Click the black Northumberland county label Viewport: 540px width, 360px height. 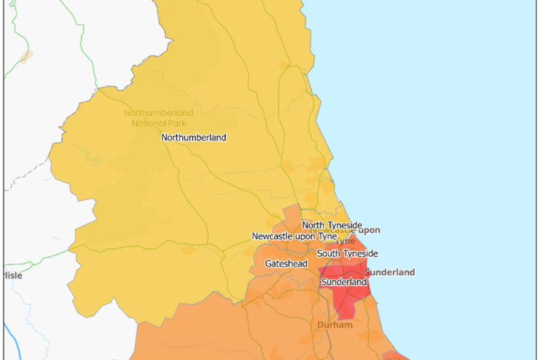coord(194,138)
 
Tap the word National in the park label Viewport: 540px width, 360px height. coord(147,123)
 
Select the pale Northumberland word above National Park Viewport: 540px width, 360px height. coord(159,113)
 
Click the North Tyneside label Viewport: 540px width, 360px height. coord(332,225)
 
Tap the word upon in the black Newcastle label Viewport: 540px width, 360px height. coord(309,237)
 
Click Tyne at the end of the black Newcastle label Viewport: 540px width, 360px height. coord(330,237)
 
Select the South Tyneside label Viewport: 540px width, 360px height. coord(347,254)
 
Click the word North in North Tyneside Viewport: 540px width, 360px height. coord(314,225)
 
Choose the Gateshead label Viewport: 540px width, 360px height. coord(286,264)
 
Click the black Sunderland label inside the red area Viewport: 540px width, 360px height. coord(344,282)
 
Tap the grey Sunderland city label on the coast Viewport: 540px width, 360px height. coord(391,272)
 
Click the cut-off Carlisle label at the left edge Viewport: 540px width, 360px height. coord(12,276)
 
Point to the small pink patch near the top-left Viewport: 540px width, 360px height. coord(26,56)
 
